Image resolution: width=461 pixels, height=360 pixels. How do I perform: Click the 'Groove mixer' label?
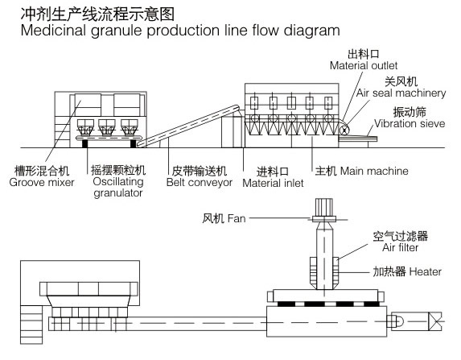click(x=42, y=183)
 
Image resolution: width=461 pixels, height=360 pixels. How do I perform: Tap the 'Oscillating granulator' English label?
click(x=118, y=187)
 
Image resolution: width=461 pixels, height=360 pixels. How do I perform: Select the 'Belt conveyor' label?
click(x=200, y=183)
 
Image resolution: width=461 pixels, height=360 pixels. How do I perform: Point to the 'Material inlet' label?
click(x=273, y=183)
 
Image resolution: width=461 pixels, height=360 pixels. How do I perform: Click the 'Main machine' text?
click(x=374, y=171)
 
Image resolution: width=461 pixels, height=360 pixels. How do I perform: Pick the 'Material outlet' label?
click(x=364, y=65)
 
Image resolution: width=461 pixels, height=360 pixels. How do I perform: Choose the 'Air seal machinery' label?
click(x=401, y=93)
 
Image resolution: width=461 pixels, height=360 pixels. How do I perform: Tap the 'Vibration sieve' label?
click(x=410, y=123)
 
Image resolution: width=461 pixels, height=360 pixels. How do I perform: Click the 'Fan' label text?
click(x=237, y=218)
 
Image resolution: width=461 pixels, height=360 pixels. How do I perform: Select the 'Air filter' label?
click(x=400, y=247)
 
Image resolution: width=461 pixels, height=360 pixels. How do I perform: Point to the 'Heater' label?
click(x=425, y=271)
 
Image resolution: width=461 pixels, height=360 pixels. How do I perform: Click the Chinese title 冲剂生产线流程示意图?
click(x=97, y=14)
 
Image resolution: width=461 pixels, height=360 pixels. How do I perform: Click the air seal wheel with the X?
click(x=343, y=130)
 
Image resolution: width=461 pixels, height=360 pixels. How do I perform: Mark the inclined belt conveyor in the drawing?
click(x=188, y=126)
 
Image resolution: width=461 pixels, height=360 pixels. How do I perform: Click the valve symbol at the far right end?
click(x=435, y=321)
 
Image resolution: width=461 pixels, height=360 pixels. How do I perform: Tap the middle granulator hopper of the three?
click(x=107, y=127)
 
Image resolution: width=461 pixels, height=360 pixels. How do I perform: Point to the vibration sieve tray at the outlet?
click(x=358, y=139)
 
